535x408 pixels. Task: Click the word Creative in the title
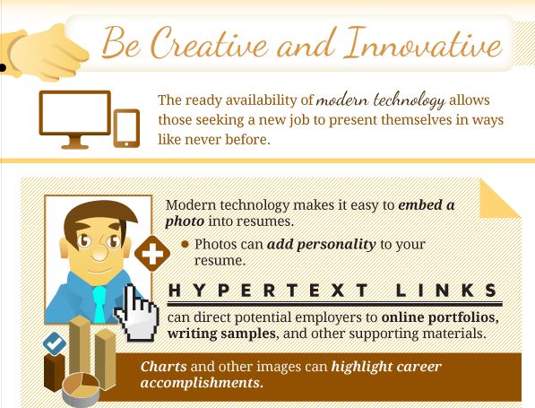click(x=210, y=43)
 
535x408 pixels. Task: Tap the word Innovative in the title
click(x=423, y=43)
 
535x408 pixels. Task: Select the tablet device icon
click(x=126, y=128)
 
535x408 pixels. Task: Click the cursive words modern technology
click(x=381, y=100)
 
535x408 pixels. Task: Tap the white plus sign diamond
click(x=152, y=254)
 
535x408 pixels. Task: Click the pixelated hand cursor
click(x=136, y=314)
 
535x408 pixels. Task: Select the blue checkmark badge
click(x=55, y=343)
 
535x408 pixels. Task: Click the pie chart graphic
click(x=81, y=389)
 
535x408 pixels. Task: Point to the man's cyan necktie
click(x=99, y=304)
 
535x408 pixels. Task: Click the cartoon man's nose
click(x=100, y=251)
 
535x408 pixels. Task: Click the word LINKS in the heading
click(x=446, y=291)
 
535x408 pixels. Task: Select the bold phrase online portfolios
click(x=440, y=317)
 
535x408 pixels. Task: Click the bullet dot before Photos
click(x=185, y=244)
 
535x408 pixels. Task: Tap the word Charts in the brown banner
click(x=163, y=367)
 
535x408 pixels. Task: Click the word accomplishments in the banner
click(x=202, y=383)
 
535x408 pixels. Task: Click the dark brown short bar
click(x=55, y=373)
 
